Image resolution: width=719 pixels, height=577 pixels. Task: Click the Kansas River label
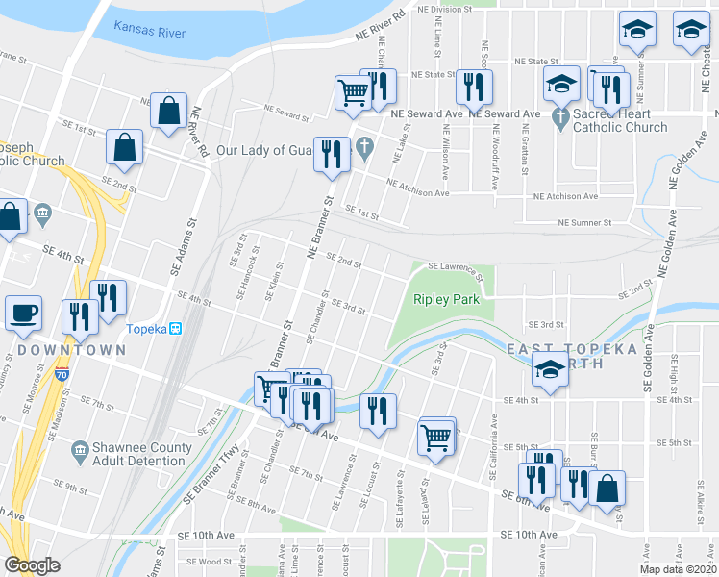click(x=149, y=30)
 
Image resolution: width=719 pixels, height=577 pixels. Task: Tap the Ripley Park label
click(x=446, y=299)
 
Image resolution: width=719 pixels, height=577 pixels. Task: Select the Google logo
click(x=32, y=565)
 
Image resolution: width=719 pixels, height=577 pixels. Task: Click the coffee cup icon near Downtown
click(x=23, y=313)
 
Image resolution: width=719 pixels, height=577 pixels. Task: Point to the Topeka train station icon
click(x=176, y=329)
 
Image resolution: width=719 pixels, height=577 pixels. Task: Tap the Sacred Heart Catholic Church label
click(x=621, y=120)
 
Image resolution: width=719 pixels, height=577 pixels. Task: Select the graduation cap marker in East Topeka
click(x=549, y=370)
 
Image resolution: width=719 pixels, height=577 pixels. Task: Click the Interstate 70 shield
click(x=62, y=370)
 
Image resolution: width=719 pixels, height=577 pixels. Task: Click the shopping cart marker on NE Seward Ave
click(x=353, y=92)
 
